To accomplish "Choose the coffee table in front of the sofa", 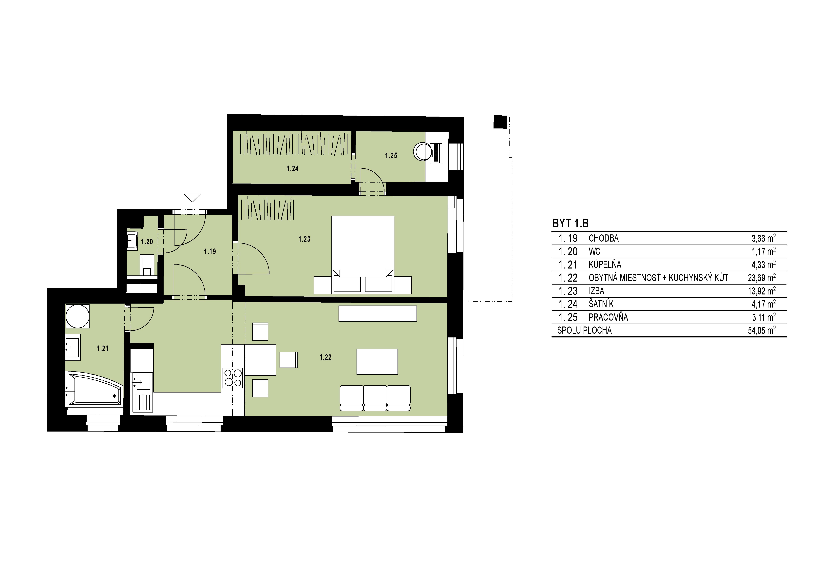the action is (x=377, y=362).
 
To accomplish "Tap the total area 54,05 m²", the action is (x=762, y=330).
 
